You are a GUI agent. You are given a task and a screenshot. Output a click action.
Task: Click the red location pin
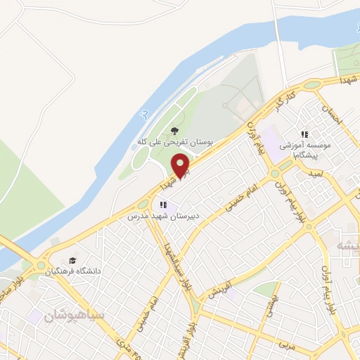[181, 167]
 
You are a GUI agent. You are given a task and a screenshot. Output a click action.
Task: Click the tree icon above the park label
[174, 130]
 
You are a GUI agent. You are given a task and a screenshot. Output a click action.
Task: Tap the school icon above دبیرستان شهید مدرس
[163, 205]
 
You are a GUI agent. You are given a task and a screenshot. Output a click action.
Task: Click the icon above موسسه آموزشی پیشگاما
[304, 134]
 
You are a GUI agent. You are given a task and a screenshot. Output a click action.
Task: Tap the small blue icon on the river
[145, 113]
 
